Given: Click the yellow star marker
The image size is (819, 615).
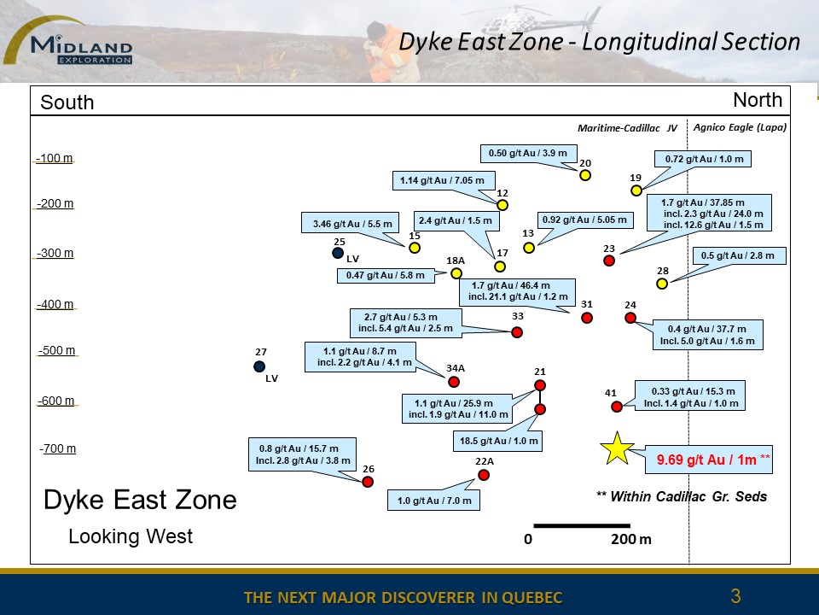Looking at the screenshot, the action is pyautogui.click(x=617, y=448).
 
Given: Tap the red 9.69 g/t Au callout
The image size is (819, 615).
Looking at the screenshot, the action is pyautogui.click(x=708, y=460).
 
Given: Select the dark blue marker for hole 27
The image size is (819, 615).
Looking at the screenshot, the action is pyautogui.click(x=259, y=366).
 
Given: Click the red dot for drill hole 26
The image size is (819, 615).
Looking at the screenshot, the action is pyautogui.click(x=368, y=482).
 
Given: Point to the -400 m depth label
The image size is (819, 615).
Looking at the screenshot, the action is pyautogui.click(x=55, y=304).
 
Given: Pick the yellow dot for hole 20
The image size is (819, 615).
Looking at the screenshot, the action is pyautogui.click(x=585, y=175).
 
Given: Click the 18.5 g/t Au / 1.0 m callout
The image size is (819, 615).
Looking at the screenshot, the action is pyautogui.click(x=498, y=441).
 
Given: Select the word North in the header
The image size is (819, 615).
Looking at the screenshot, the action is pyautogui.click(x=758, y=100).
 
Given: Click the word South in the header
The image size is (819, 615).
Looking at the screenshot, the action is pyautogui.click(x=67, y=102).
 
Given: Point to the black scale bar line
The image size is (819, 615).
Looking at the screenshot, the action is pyautogui.click(x=581, y=525).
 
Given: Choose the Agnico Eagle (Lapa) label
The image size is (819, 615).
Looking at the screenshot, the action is pyautogui.click(x=740, y=127).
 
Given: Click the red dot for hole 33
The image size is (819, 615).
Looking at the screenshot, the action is pyautogui.click(x=517, y=332).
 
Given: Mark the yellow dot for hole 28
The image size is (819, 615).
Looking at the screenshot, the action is pyautogui.click(x=662, y=284).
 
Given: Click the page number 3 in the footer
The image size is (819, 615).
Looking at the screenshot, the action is pyautogui.click(x=735, y=595).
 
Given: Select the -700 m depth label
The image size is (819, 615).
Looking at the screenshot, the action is pyautogui.click(x=57, y=448).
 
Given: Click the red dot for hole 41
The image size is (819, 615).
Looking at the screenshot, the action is pyautogui.click(x=616, y=407).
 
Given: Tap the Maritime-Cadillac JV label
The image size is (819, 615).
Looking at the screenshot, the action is pyautogui.click(x=627, y=128).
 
